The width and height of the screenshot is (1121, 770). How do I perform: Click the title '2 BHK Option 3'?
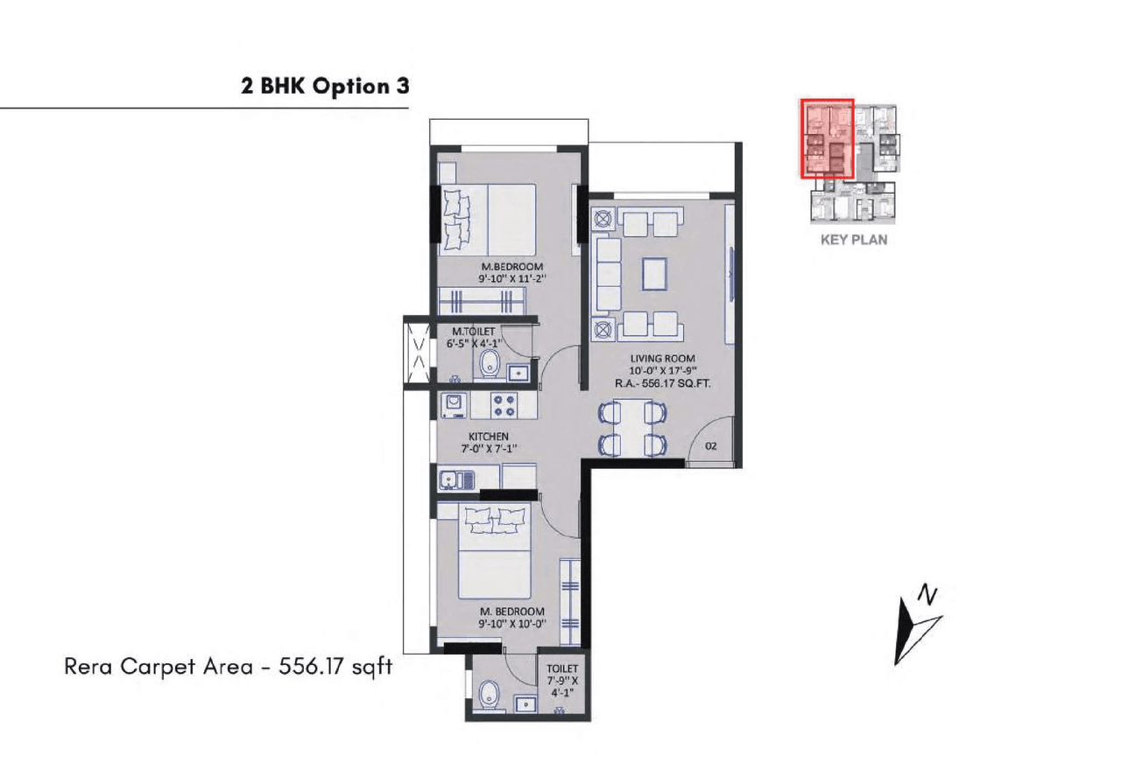pos(325,87)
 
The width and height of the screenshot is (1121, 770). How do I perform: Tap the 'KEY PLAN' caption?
pos(853,239)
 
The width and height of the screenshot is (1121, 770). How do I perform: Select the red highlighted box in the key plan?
pos(828,137)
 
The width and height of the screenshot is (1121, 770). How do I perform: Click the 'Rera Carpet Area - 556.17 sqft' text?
pos(229,667)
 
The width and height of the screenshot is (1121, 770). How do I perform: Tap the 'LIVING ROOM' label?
pos(662,358)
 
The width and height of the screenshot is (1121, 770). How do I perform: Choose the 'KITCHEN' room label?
pos(489,437)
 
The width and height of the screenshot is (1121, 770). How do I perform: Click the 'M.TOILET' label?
pos(474,332)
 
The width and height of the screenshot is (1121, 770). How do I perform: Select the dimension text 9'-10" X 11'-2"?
pos(512,279)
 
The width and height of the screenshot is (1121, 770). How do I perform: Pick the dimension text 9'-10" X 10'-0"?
pos(512,624)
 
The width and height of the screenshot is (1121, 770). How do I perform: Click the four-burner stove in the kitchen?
pos(503,404)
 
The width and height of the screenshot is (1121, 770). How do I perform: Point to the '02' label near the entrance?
pos(710,445)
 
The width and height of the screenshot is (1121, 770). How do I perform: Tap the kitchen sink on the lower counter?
pos(455,479)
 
